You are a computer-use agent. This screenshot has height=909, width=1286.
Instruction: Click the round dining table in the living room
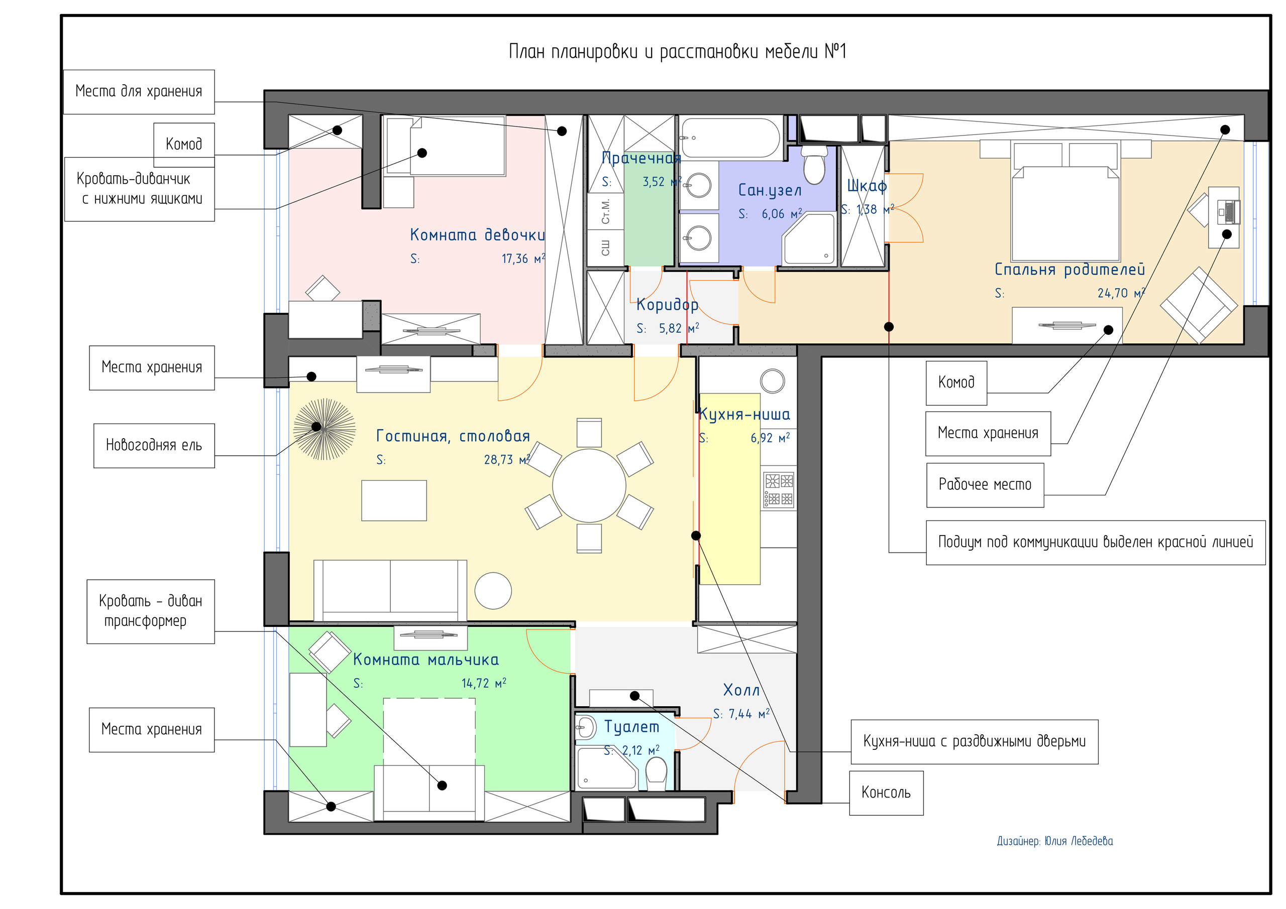click(x=589, y=486)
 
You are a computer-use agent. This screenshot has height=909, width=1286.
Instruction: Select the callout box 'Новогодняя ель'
click(x=154, y=446)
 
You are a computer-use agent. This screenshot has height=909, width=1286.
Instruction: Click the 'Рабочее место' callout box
click(x=985, y=485)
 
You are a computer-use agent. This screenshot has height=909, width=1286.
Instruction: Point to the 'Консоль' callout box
click(x=886, y=793)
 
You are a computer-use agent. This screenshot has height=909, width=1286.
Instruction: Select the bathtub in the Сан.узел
click(x=730, y=138)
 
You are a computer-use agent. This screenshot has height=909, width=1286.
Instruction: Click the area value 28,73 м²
click(x=506, y=460)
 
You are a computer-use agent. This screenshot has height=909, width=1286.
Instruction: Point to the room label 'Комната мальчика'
click(x=425, y=660)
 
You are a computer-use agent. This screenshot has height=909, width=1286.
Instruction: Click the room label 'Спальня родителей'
click(x=1069, y=270)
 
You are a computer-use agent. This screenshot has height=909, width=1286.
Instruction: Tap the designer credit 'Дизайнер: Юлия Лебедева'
click(x=1055, y=841)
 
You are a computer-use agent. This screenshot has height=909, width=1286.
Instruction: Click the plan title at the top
click(x=677, y=52)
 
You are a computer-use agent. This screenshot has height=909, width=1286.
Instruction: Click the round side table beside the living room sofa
click(x=493, y=590)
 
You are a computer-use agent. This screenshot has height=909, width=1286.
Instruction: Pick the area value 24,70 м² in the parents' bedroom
click(x=1121, y=293)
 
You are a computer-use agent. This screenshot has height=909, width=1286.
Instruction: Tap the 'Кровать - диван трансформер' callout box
click(x=151, y=611)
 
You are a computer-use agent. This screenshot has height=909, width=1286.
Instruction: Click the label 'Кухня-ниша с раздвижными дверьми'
click(x=974, y=742)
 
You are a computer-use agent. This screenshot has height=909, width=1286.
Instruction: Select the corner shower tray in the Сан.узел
click(x=808, y=239)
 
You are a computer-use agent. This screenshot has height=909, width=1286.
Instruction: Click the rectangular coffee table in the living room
click(x=394, y=500)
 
